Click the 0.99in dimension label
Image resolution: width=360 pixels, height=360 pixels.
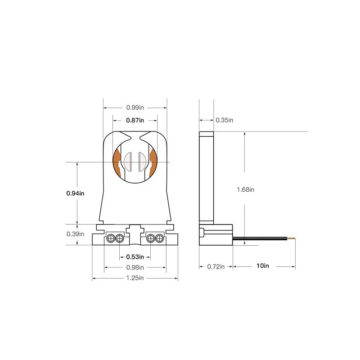click(135, 108)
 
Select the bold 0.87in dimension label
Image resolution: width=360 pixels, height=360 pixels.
click(135, 120)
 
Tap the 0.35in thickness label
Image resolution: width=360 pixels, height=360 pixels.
click(224, 120)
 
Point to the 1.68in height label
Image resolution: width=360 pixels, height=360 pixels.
click(245, 189)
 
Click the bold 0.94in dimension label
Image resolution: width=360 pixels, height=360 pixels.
click(75, 193)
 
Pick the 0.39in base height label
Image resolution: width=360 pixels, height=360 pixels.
click(75, 234)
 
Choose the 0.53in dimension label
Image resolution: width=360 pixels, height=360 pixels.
click(135, 257)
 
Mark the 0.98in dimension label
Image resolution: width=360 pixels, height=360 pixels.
click(135, 267)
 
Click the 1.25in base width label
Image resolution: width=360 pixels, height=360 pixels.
click(135, 278)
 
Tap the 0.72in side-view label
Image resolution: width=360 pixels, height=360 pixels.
click(216, 266)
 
